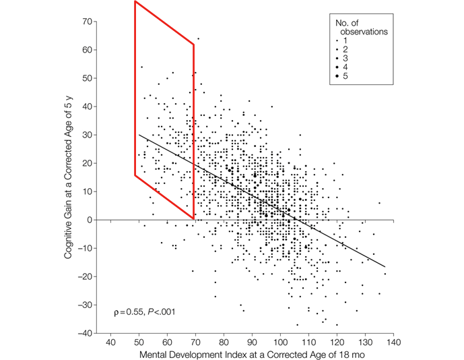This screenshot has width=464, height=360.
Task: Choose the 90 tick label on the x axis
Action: click(x=252, y=342)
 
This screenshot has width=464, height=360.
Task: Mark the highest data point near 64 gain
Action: click(x=198, y=38)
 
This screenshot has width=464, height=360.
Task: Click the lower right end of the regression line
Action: click(x=385, y=267)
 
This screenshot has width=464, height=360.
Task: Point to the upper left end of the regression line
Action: click(x=139, y=134)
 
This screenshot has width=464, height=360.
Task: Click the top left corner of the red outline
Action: click(x=135, y=2)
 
